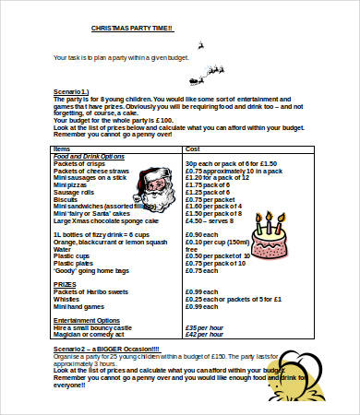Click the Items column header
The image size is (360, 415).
(61, 148)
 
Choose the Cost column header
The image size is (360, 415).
(193, 148)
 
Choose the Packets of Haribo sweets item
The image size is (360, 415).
(93, 292)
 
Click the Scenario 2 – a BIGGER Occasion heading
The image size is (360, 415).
(106, 349)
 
